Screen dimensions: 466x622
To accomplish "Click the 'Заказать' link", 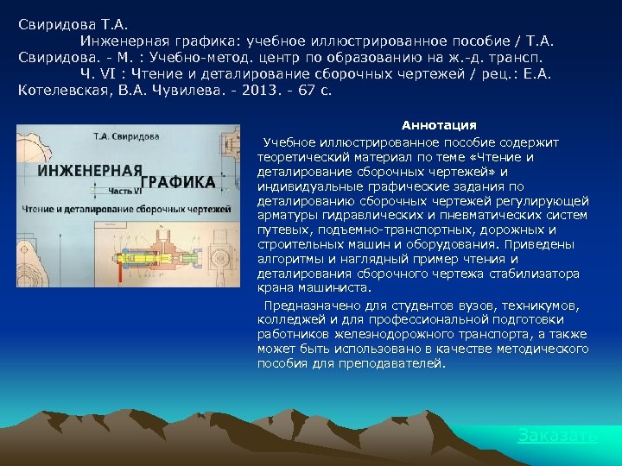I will coord(556,436).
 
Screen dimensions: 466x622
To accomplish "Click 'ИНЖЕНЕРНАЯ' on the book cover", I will coord(89,170).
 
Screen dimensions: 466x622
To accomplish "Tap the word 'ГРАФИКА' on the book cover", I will coord(178,183).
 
